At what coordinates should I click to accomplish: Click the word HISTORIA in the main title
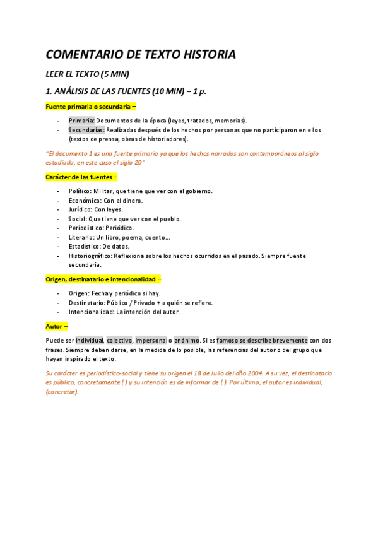[x=205, y=55]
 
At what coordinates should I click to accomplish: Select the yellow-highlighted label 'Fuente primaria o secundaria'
[x=89, y=107]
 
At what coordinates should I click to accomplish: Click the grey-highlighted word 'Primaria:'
[x=81, y=121]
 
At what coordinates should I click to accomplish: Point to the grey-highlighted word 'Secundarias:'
[x=86, y=130]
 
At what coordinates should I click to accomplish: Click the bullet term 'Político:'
[x=80, y=191]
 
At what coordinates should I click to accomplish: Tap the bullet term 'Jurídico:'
[x=81, y=209]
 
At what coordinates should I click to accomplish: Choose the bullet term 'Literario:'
[x=82, y=237]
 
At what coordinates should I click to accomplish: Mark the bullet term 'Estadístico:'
[x=86, y=247]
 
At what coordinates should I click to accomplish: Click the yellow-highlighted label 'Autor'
[x=55, y=326]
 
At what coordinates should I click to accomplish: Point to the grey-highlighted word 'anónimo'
[x=187, y=341]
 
